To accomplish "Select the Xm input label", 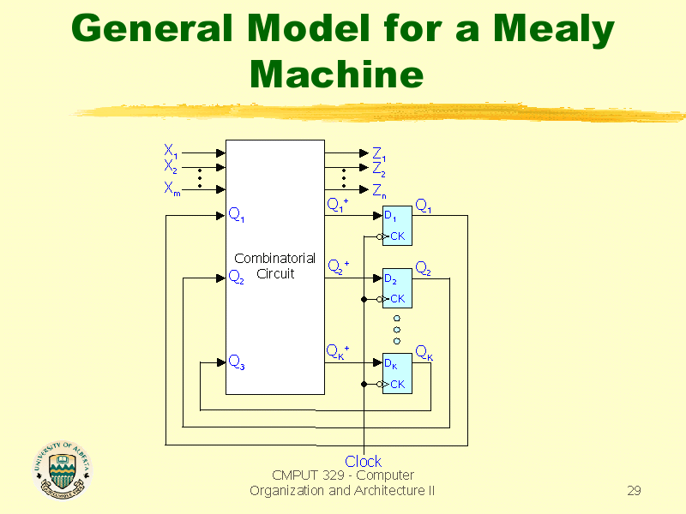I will coord(171,190).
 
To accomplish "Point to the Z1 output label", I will coord(378,154).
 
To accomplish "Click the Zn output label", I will coord(378,190).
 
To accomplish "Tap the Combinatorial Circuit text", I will coord(274,266).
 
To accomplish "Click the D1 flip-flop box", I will coord(396,225).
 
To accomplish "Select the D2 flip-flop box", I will coord(396,289).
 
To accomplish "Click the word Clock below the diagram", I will coord(363,462).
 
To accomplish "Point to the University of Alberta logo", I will coord(61,470).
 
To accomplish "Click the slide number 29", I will coord(634,491).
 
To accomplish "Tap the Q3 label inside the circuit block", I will coord(236,362).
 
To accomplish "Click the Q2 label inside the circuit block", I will coord(236,277).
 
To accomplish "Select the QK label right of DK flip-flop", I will coord(424,352).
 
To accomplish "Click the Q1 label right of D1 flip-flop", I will coord(424,205).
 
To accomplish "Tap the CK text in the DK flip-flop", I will coord(397,385).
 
